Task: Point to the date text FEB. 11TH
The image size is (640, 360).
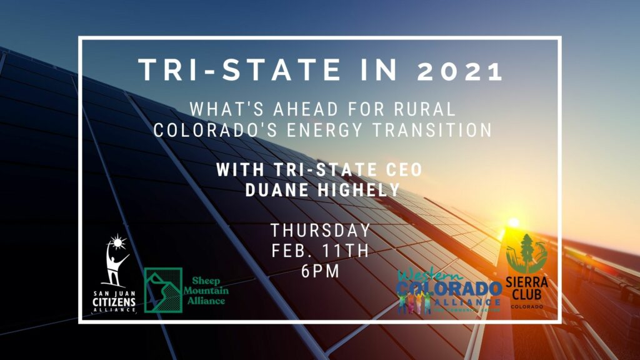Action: pos(320,251)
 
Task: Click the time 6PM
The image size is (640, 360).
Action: pos(320,272)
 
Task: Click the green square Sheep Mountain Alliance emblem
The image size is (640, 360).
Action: pos(163,290)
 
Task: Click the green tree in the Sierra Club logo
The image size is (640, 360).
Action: pos(527,252)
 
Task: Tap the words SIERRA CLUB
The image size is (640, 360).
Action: pos(527,289)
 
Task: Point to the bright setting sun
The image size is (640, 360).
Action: pos(513,222)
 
